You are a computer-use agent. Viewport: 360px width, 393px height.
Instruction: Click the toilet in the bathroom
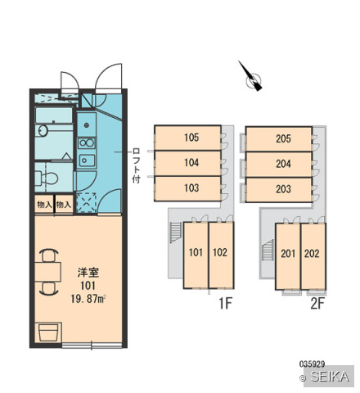[x=47, y=178]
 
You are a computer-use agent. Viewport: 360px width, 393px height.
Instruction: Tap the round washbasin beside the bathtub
[x=43, y=130]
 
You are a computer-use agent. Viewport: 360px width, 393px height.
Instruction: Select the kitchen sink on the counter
[x=87, y=160]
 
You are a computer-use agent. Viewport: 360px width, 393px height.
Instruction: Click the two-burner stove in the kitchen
[x=87, y=143]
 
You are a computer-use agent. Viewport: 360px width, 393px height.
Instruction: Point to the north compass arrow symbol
[x=251, y=76]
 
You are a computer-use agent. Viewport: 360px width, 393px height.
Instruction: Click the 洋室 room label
[x=88, y=273]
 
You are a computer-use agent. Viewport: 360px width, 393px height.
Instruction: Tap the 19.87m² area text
[x=88, y=299]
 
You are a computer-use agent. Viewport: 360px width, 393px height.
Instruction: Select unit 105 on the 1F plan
[x=187, y=138]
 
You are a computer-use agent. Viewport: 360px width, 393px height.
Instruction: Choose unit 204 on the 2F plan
[x=278, y=164]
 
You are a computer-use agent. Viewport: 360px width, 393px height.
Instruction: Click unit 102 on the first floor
[x=221, y=255]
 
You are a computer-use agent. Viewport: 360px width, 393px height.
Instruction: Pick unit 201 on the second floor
[x=288, y=256]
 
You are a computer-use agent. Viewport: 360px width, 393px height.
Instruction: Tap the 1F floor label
[x=225, y=303]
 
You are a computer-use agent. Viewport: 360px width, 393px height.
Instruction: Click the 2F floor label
[x=317, y=303]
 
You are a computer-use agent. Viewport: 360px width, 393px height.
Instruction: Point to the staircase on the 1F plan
[x=175, y=233]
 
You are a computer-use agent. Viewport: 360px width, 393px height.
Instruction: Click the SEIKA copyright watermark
[x=328, y=377]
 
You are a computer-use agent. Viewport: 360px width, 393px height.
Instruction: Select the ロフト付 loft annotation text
[x=136, y=165]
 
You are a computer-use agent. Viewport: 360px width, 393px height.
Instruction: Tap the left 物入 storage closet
[x=44, y=204]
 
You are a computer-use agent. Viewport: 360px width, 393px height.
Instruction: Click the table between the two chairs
[x=47, y=272]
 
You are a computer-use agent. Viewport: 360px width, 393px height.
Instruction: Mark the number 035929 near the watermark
[x=312, y=364]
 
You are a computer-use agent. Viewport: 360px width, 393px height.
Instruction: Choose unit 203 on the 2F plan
[x=278, y=189]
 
